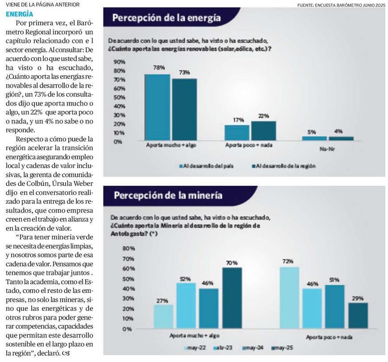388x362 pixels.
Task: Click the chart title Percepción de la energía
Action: pos(166,18)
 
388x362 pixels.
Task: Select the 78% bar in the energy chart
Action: pos(157,107)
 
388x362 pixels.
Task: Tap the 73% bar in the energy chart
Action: pos(184,109)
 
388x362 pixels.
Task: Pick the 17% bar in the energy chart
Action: pos(237,133)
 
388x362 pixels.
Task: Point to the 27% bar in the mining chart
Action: pos(163,316)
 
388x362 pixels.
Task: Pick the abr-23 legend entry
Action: pos(221,348)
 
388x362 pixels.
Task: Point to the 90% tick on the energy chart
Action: pos(119,62)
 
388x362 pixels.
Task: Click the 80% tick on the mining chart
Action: pos(128,248)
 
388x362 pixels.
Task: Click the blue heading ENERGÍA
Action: pos(19,14)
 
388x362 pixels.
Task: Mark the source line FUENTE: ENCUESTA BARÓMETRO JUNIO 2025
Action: pos(341,5)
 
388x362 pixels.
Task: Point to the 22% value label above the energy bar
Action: pos(263,116)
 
